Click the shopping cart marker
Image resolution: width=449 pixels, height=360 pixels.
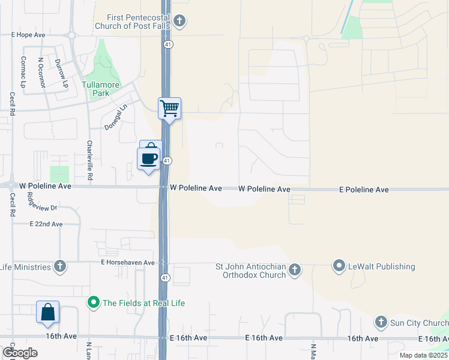click(169, 109)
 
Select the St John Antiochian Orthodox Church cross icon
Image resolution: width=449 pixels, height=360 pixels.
click(294, 271)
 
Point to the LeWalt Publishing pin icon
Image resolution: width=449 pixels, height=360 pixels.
click(339, 266)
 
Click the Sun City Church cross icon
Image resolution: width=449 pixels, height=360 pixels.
click(381, 323)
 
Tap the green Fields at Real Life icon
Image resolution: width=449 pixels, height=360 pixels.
click(94, 303)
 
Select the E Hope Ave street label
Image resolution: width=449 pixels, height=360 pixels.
click(28, 35)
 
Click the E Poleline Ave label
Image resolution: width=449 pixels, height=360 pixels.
click(364, 190)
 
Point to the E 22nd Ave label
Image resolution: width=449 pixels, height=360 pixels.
click(46, 224)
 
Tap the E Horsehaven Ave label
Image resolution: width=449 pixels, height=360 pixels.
click(127, 263)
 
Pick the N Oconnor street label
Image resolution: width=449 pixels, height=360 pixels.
click(41, 72)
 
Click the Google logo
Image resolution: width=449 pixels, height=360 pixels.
click(19, 353)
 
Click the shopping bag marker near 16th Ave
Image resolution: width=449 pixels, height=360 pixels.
click(47, 313)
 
